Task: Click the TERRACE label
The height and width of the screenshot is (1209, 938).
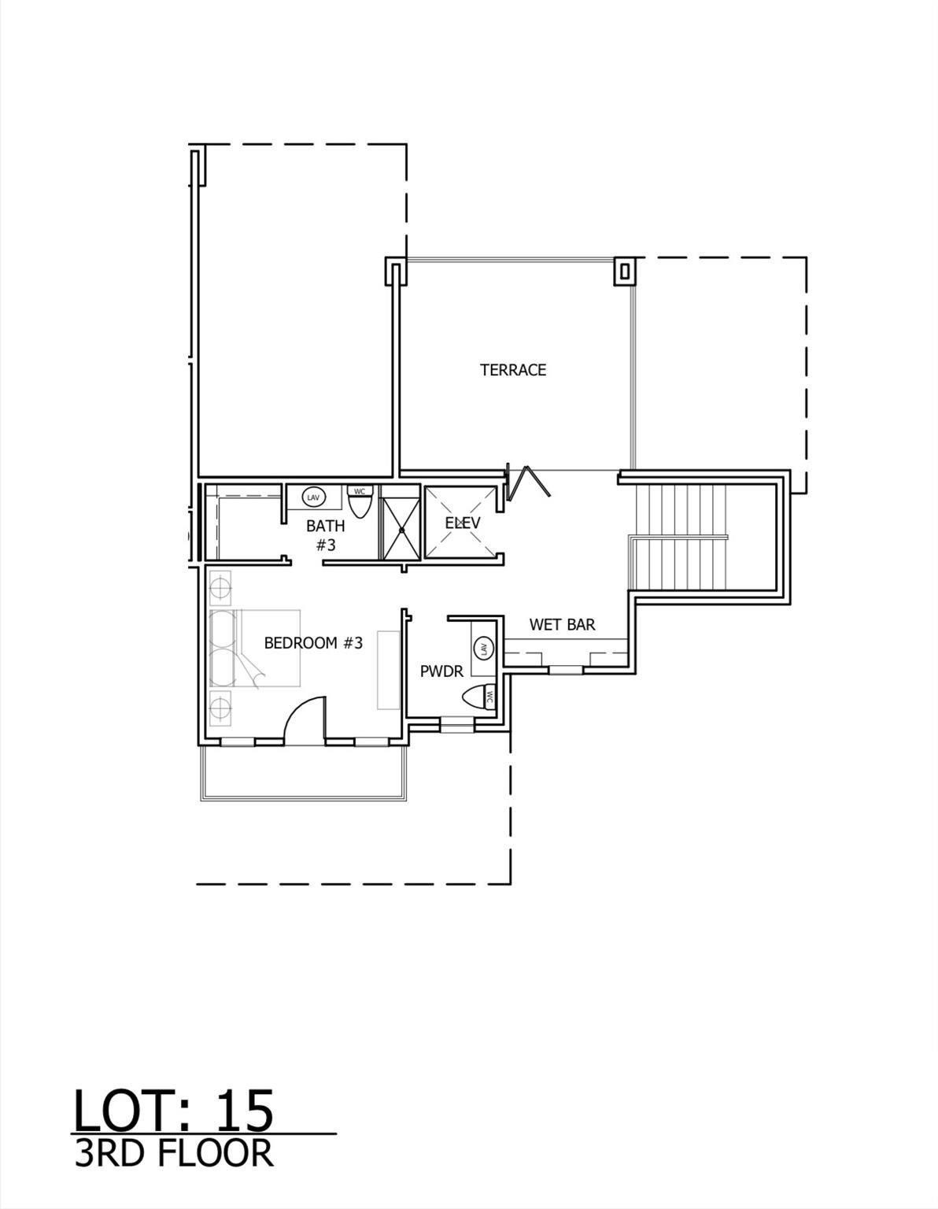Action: [513, 370]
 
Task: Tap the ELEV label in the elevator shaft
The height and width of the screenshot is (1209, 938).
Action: [462, 523]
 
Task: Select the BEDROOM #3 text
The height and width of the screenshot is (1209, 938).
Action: [313, 643]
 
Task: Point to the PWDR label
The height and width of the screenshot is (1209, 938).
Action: [441, 671]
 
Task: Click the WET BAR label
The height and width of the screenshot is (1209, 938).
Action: [562, 625]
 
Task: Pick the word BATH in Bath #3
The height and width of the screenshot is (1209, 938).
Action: [325, 527]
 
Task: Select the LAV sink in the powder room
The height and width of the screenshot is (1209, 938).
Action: [482, 649]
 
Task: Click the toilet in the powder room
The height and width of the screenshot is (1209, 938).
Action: [478, 697]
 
